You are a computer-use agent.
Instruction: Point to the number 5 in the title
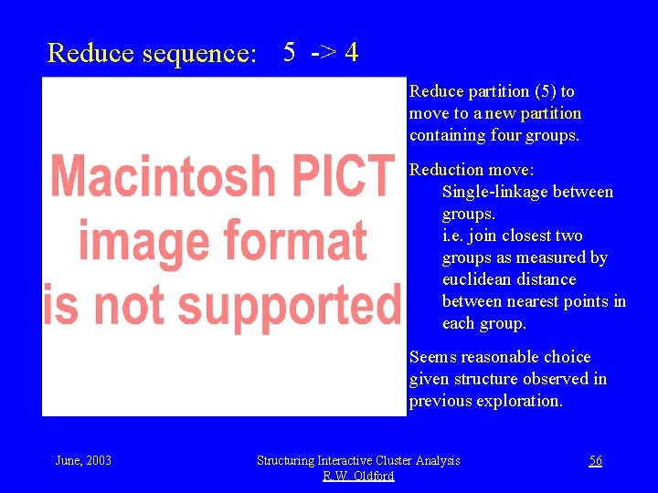click(289, 52)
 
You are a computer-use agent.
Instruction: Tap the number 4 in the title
click(351, 52)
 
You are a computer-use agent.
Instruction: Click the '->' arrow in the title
click(321, 52)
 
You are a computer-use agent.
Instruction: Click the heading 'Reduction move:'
click(472, 170)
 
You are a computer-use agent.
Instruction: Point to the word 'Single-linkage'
click(494, 192)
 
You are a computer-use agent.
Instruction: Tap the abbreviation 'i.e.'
click(455, 236)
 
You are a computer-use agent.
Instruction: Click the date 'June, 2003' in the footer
click(84, 460)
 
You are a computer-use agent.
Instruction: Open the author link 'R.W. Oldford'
click(358, 476)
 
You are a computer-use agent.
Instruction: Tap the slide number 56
click(595, 460)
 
